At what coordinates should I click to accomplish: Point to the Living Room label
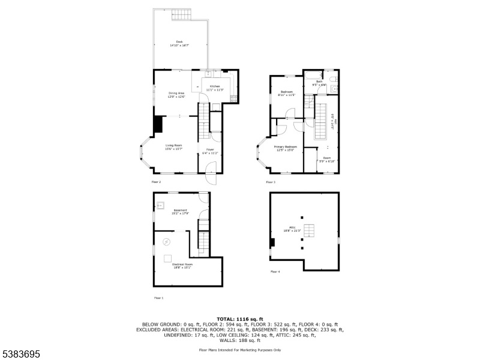coord(174,146)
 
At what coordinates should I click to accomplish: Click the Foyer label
coord(210,151)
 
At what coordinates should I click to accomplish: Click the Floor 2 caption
coord(156,182)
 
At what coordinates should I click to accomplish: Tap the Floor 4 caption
coord(275,272)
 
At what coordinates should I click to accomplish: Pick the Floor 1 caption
coord(158,298)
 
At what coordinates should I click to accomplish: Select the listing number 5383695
coord(21,354)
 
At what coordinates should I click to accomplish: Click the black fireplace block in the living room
coord(158,124)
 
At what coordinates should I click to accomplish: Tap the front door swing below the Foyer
coord(210,178)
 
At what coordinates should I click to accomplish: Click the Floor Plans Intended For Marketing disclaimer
coord(239,349)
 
